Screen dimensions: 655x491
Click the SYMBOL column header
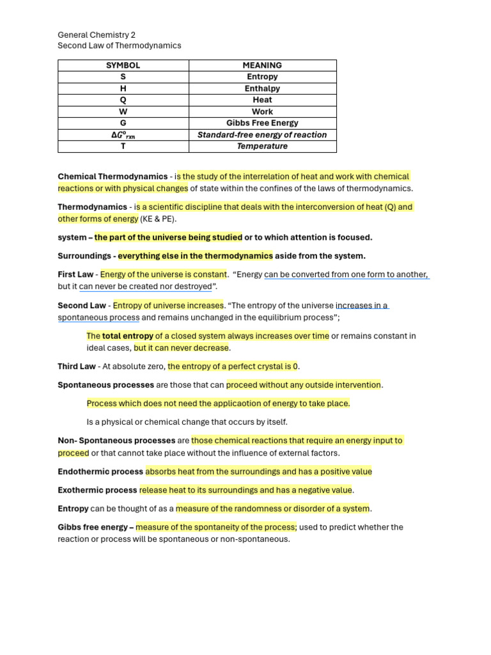point(123,65)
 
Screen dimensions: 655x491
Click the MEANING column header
point(262,65)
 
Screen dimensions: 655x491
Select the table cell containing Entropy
point(262,77)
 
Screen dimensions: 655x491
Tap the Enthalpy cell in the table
point(262,88)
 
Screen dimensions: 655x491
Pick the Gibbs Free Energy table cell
point(262,123)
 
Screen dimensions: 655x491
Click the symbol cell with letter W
point(123,111)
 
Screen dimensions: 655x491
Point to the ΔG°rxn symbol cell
point(123,135)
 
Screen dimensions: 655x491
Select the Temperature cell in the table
point(262,146)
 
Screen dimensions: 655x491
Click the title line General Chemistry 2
point(97,35)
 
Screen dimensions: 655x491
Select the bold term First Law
point(75,274)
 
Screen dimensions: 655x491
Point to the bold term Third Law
point(76,367)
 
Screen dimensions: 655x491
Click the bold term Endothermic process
point(100,471)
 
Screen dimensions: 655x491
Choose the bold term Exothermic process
point(97,490)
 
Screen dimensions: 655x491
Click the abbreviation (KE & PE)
point(158,219)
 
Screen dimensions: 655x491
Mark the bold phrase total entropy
point(128,336)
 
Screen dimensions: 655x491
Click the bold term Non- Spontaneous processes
point(116,441)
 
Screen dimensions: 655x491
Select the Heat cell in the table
point(262,100)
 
